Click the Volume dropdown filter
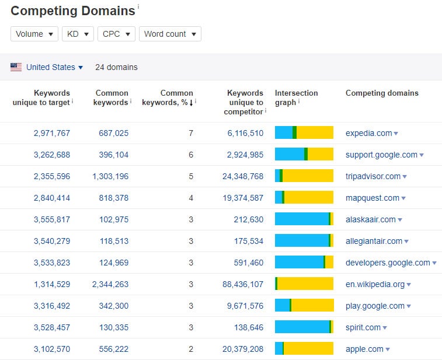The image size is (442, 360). (34, 34)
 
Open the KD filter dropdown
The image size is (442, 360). (78, 34)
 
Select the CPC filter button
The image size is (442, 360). (116, 34)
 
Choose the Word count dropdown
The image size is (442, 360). (169, 34)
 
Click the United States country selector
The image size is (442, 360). (54, 67)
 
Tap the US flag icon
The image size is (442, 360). (16, 67)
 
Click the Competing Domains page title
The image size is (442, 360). (72, 11)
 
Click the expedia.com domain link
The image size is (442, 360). (368, 133)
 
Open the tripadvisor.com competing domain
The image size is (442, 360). (373, 176)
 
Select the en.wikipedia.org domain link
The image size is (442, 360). (375, 284)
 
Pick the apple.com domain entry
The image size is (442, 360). (364, 349)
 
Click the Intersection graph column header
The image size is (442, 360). (296, 97)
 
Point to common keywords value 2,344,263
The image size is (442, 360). (110, 284)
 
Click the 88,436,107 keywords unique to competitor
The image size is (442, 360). (242, 284)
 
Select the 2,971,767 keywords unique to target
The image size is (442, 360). (52, 133)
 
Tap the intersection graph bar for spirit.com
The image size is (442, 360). (304, 327)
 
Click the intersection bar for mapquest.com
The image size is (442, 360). (304, 198)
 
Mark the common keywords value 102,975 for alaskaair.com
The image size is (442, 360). (110, 219)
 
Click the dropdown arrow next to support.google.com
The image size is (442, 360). (422, 155)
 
